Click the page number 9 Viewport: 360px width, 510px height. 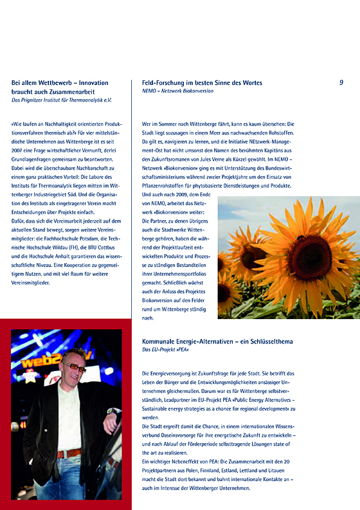[x=341, y=82]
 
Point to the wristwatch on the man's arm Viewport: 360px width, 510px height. [x=111, y=429]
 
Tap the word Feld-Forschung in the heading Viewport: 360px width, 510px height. [x=163, y=83]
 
